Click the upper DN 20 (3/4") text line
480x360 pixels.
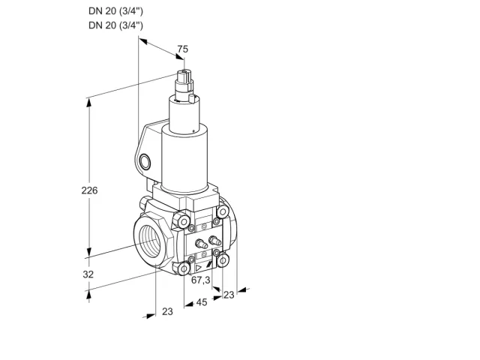click(115, 11)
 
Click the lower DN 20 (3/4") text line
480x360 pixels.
click(115, 25)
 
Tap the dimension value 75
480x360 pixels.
click(183, 49)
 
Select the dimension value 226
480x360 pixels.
click(89, 190)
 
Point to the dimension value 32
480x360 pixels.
click(88, 274)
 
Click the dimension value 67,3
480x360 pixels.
click(201, 280)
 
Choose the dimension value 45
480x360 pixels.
click(202, 302)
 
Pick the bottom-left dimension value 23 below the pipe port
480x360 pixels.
click(167, 311)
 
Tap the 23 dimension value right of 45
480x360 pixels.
click(229, 295)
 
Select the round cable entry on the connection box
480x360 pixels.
click(145, 162)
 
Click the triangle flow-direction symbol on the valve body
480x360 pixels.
click(199, 268)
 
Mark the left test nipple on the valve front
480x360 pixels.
click(200, 244)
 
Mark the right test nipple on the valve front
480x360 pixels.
click(214, 240)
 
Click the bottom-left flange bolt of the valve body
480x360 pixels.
click(183, 269)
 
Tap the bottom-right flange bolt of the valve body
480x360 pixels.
click(223, 260)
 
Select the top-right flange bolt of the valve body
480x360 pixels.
click(223, 211)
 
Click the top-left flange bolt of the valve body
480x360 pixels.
click(183, 222)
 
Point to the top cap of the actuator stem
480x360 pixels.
click(184, 73)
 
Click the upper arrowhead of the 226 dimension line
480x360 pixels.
click(88, 103)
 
